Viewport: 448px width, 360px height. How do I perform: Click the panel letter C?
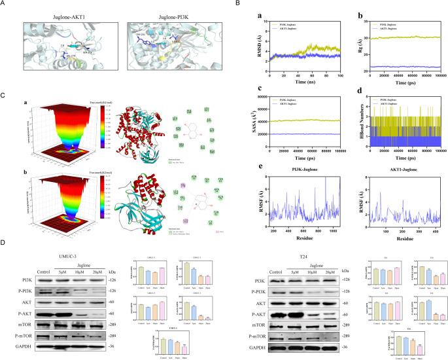pos(4,96)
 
